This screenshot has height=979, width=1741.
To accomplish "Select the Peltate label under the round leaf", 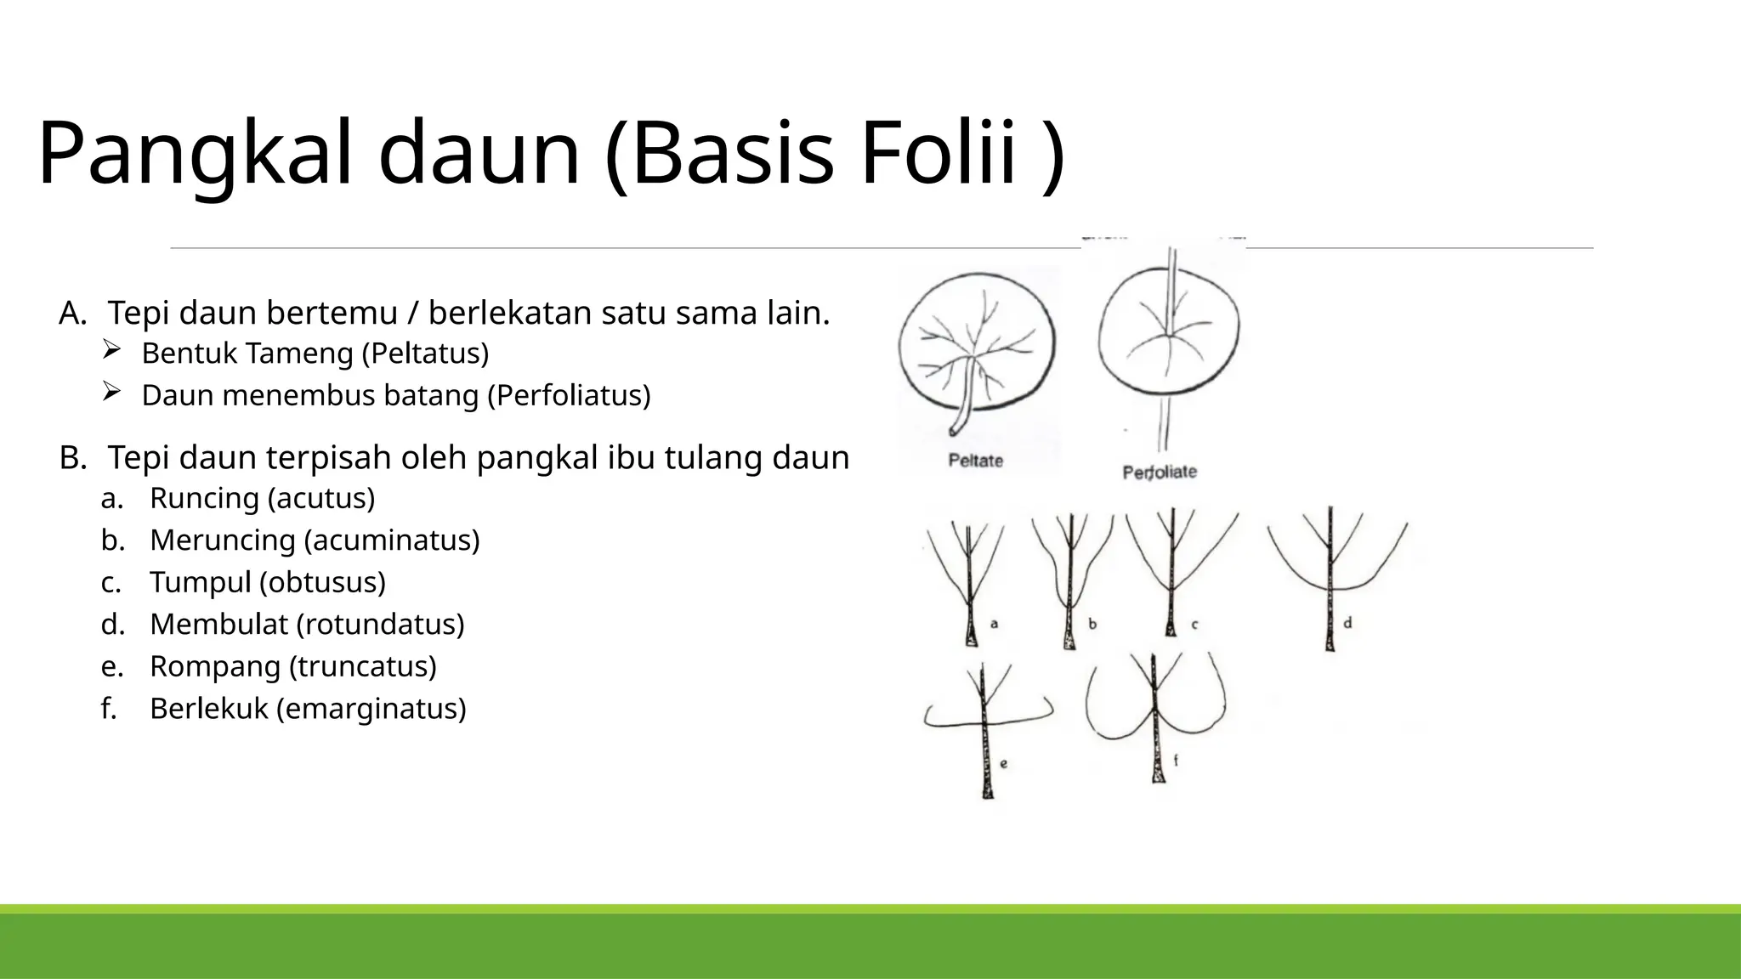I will [x=975, y=461].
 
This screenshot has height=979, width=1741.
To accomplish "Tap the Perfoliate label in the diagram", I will [x=1160, y=472].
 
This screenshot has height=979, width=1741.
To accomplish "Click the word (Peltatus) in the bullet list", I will [x=425, y=354].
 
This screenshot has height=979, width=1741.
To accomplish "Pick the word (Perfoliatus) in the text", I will [x=569, y=396].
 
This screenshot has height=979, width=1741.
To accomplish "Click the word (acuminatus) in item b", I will [x=392, y=540].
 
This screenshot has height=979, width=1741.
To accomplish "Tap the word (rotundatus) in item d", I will [x=380, y=625].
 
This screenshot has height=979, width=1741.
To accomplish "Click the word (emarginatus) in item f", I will [x=371, y=709].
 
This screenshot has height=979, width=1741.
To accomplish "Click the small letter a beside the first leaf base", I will [x=994, y=624].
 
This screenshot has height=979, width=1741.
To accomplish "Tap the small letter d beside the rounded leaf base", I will [x=1347, y=623].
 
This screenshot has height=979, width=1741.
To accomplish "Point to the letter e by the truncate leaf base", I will [x=1004, y=763].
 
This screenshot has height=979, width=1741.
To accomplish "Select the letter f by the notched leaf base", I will [x=1176, y=761].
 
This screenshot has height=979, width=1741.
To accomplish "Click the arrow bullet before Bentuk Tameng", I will [x=111, y=348].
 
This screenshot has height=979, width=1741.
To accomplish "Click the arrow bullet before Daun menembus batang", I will [x=111, y=391].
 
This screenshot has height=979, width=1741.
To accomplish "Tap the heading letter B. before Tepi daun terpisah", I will [x=72, y=458].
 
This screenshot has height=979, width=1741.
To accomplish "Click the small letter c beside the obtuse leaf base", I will [x=1194, y=625].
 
